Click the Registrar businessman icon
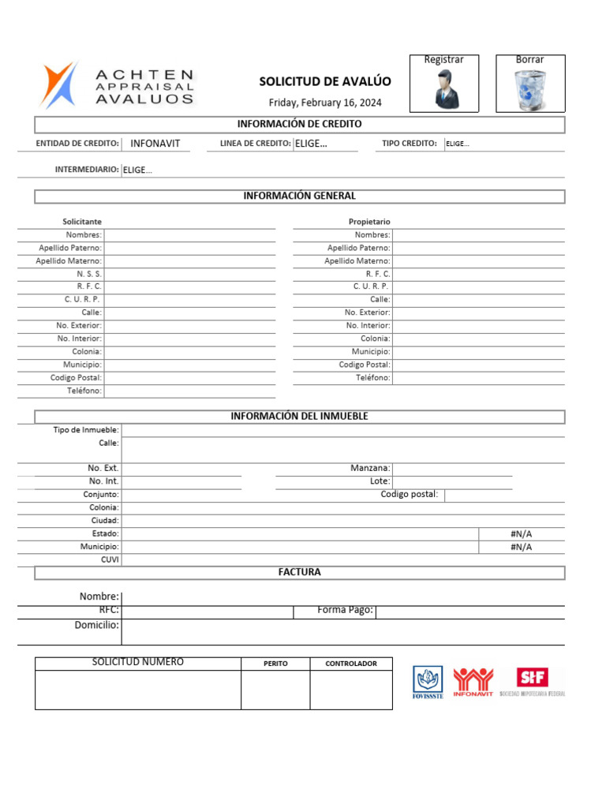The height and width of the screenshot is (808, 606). click(x=444, y=89)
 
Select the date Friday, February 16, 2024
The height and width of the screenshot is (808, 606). click(x=324, y=103)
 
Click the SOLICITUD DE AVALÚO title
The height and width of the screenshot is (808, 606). click(x=325, y=81)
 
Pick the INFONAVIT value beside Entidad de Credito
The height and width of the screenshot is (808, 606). click(x=155, y=144)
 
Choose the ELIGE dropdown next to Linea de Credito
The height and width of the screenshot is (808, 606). click(x=311, y=144)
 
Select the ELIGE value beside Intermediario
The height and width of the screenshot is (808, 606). click(x=138, y=170)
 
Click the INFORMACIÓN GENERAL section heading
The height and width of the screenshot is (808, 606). click(x=299, y=196)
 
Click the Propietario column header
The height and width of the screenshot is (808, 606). click(x=369, y=222)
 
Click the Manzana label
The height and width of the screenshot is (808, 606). click(x=370, y=468)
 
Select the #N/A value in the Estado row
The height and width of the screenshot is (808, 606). click(x=522, y=534)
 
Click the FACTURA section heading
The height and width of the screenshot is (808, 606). click(x=299, y=572)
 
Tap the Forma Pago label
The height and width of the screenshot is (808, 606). click(x=345, y=610)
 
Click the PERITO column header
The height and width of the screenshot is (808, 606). click(x=275, y=664)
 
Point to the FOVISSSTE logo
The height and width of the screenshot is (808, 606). click(x=428, y=682)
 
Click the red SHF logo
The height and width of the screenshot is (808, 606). click(x=533, y=677)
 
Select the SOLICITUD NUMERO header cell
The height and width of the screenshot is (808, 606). click(x=138, y=662)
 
